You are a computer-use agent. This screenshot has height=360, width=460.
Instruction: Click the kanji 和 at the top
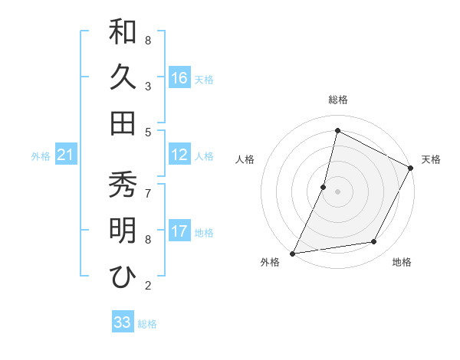pos(123,32)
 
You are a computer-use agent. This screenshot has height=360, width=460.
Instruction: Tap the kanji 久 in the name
pos(123,77)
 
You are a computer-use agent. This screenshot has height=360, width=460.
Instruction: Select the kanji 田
pos(123,123)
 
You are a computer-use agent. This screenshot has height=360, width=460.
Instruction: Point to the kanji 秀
pos(123,185)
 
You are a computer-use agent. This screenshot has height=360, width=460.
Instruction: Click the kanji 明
pos(123,231)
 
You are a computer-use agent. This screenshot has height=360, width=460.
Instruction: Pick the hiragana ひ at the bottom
pos(123,277)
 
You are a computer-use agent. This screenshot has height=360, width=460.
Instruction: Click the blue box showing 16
pos(179,78)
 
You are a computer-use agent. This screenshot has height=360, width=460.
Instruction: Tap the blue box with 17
pos(179,232)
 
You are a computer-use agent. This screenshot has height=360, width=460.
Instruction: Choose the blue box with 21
pos(65,155)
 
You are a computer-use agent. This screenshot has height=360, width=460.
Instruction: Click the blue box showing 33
pos(123,322)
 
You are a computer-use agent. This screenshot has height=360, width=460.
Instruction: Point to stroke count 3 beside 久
pos(148,86)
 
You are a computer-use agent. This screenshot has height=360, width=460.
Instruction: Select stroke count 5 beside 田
pos(148,132)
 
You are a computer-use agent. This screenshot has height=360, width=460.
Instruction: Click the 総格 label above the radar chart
pos(337,100)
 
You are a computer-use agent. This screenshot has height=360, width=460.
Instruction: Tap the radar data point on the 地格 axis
pos(374,242)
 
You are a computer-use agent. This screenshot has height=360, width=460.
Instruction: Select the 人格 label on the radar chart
pos(245,159)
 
